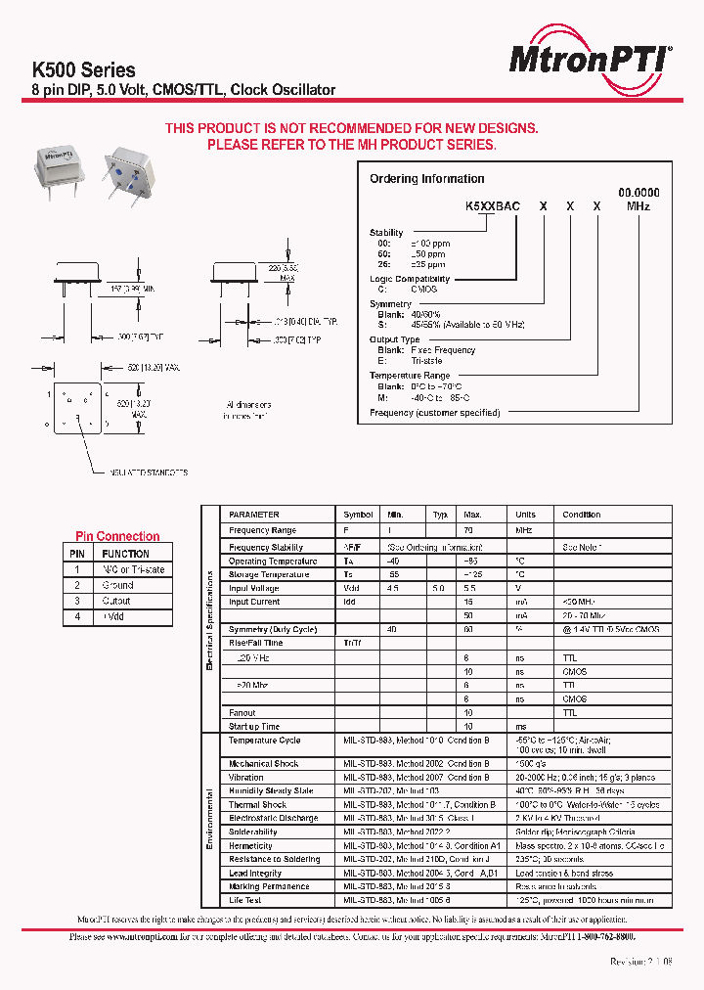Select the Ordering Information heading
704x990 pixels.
point(426,179)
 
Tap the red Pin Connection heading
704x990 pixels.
point(117,536)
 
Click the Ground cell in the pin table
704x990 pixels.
point(118,585)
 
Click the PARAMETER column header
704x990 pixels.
point(254,515)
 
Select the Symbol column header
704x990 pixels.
point(359,515)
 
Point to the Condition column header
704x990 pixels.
point(582,515)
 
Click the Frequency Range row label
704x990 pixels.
point(262,530)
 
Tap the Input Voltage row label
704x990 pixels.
point(254,589)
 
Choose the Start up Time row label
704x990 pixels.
point(254,727)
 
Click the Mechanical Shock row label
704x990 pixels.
point(264,763)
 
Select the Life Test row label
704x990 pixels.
point(245,900)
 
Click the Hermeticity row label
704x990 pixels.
point(251,845)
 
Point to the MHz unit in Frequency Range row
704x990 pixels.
point(525,530)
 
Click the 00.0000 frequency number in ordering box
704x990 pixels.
point(638,194)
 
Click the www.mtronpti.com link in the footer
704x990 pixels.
point(138,936)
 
